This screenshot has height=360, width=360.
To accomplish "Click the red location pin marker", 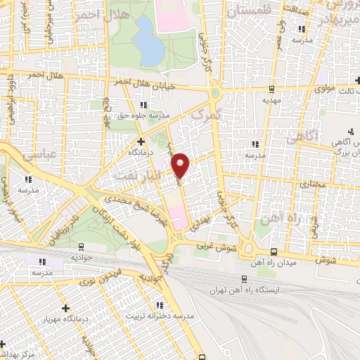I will tap(182, 165).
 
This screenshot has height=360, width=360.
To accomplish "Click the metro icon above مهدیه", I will tap(271, 89).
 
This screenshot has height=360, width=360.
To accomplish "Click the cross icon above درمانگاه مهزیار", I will tap(65, 308).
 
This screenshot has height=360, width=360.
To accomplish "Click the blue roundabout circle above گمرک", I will tap(214, 94).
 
